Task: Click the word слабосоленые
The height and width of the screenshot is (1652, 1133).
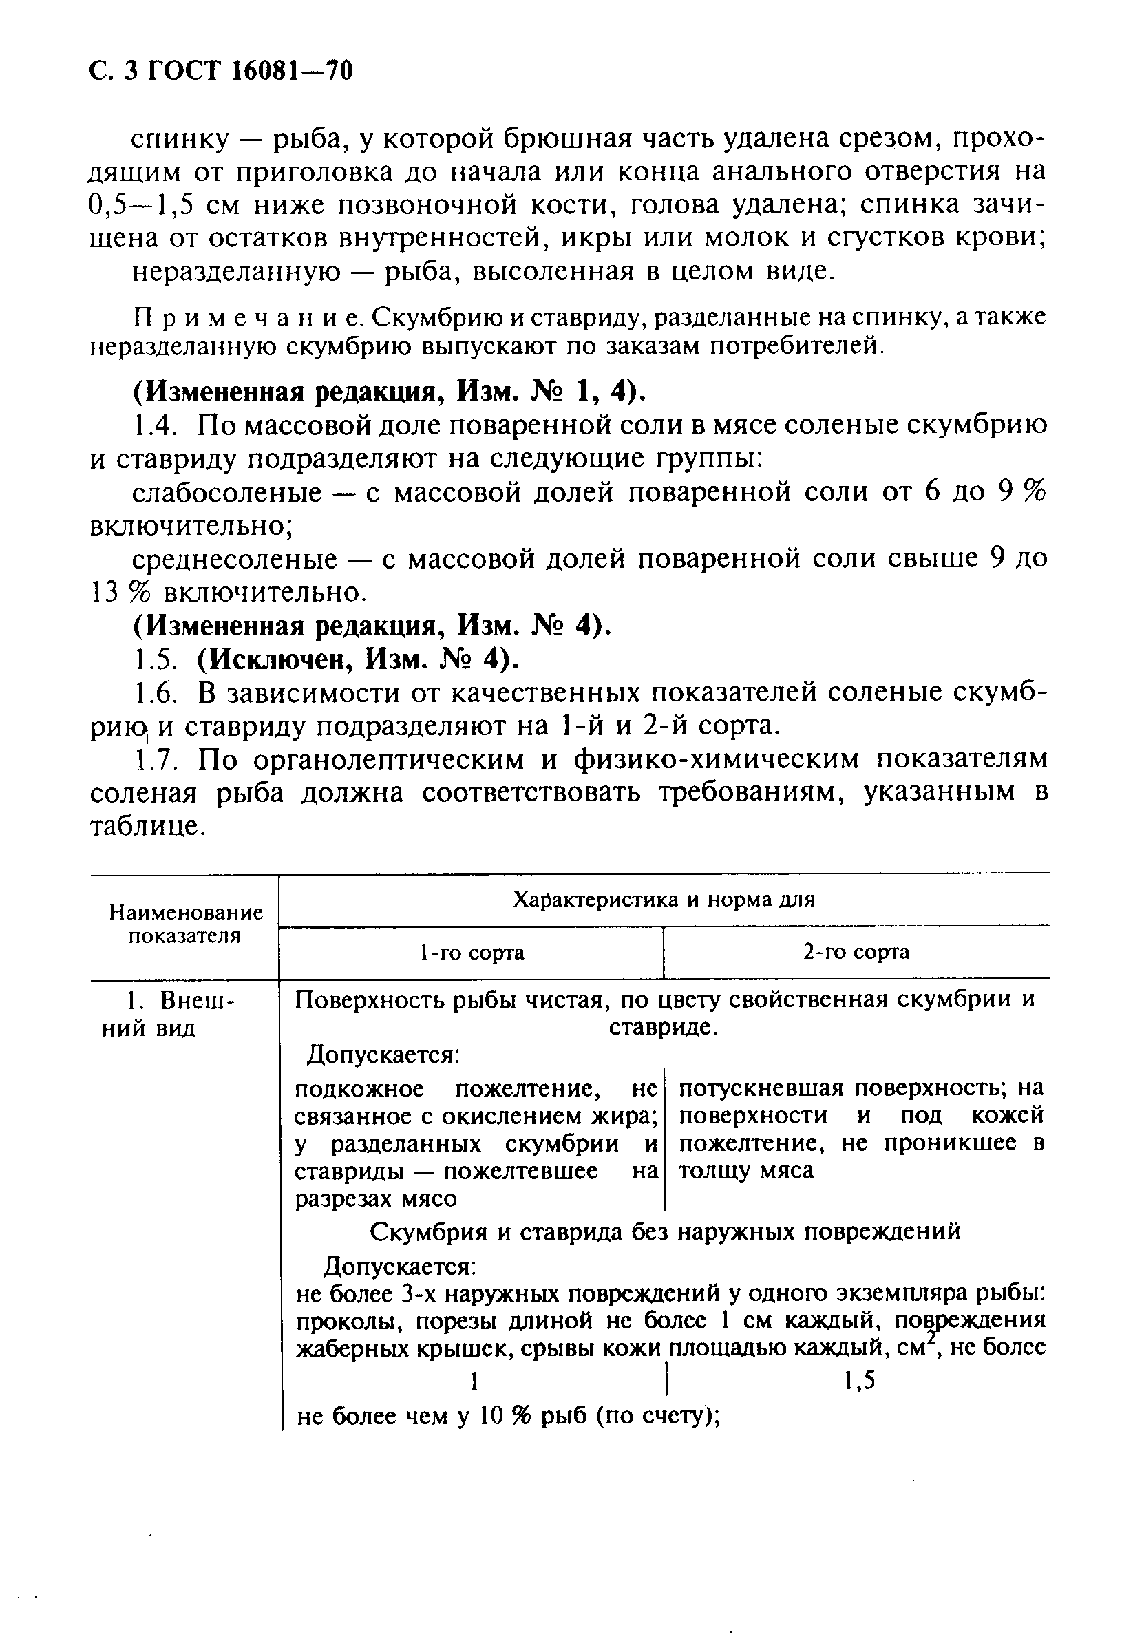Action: click(226, 493)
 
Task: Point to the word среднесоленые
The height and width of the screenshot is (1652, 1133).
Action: click(235, 560)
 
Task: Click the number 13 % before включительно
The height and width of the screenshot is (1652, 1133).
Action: click(117, 593)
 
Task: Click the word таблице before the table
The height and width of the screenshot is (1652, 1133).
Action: click(147, 826)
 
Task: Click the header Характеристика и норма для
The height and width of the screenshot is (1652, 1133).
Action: click(663, 900)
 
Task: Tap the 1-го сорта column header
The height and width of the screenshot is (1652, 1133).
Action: click(472, 952)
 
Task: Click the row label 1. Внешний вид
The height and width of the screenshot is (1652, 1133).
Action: click(169, 1014)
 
